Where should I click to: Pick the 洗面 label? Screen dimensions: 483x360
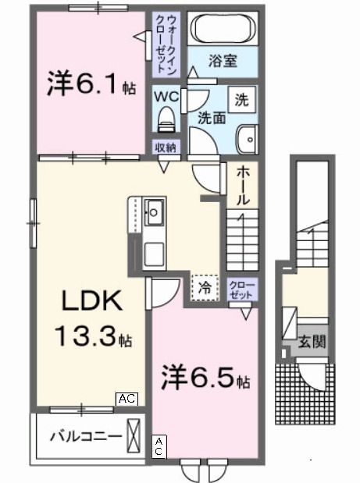tap(211, 119)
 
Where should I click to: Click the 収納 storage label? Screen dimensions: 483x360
tap(164, 147)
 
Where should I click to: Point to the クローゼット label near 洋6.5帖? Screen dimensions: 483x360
tap(241, 291)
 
